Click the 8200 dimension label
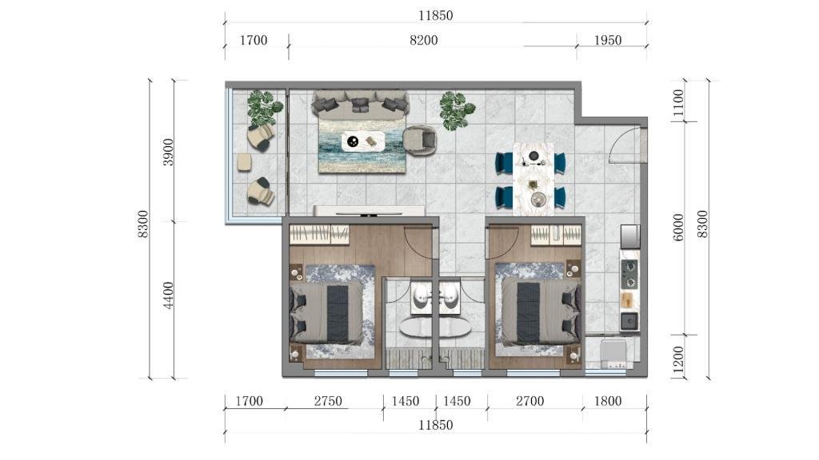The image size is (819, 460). pos(424,40)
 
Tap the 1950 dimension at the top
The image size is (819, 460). pos(608,40)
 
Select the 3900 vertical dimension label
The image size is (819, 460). pos(168,153)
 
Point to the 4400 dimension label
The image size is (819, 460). pos(168,295)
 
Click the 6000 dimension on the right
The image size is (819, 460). pos(677,228)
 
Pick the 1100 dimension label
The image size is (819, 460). pos(677,103)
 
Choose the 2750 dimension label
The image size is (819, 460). pos(328,401)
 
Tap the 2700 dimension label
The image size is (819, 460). pos(530,401)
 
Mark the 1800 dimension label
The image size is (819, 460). pos(608,401)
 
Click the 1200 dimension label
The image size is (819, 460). pos(677,360)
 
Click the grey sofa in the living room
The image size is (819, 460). pos(360,103)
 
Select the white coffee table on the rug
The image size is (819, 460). pos(364,141)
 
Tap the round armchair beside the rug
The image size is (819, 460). pos(419,141)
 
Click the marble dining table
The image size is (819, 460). pos(533,178)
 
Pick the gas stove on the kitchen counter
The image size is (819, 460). pos(629,275)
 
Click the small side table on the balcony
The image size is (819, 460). pos(245,163)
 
